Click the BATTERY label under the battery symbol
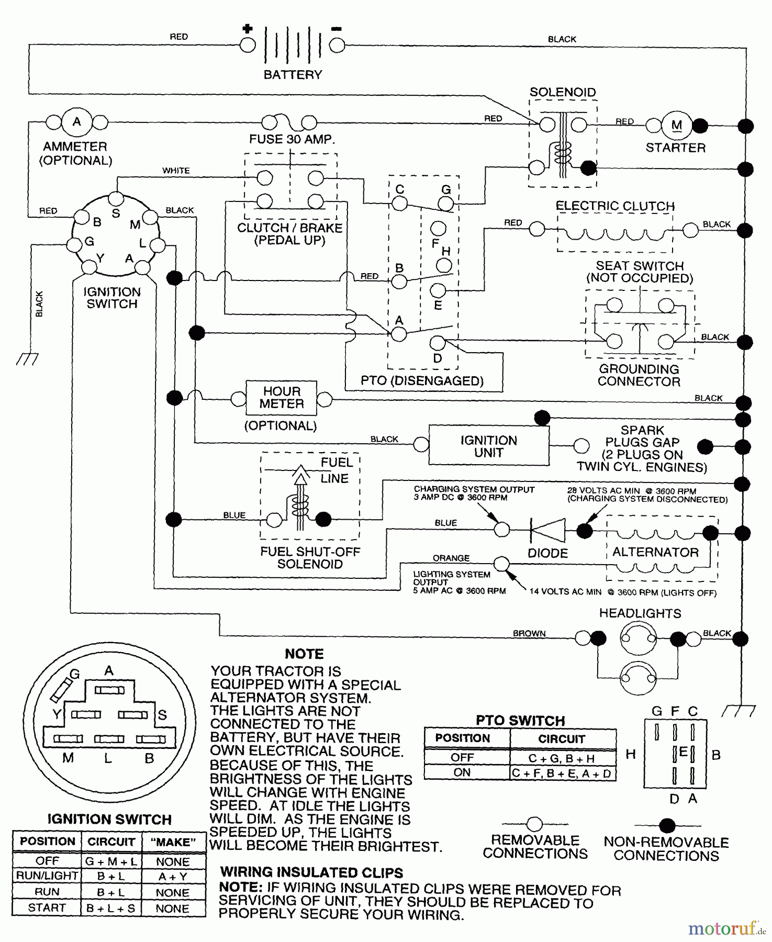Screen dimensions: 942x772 [293, 75]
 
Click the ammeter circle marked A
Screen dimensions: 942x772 [76, 122]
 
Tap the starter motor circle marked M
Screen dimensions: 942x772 [676, 125]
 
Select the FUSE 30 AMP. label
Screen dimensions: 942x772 [292, 139]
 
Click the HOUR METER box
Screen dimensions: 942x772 [282, 398]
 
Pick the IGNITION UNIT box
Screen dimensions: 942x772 [489, 446]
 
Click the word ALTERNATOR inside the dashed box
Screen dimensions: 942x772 [655, 552]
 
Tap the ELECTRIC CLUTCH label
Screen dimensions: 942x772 [615, 206]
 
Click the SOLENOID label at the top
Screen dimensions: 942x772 [563, 92]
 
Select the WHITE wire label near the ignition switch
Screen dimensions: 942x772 [176, 171]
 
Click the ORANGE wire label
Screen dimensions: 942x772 [451, 558]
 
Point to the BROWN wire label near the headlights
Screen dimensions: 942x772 [529, 633]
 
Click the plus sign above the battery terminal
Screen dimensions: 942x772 [247, 29]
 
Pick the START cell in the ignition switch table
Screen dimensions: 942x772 [47, 907]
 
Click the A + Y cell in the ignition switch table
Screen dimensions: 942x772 [173, 876]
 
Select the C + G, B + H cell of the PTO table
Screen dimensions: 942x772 [562, 758]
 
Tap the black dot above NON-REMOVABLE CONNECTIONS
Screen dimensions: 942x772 [667, 826]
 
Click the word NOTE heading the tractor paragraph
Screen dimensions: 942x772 [304, 654]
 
